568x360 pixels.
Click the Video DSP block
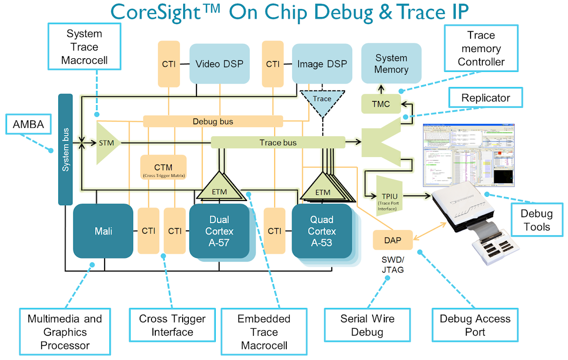[x=219, y=64]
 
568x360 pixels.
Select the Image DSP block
[x=322, y=64]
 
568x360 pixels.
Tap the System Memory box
[x=391, y=64]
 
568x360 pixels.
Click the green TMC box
[x=381, y=104]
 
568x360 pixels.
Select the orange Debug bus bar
[x=213, y=122]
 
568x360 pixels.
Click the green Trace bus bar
[x=278, y=142]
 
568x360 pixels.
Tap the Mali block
[x=103, y=231]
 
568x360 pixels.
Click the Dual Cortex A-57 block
[x=219, y=231]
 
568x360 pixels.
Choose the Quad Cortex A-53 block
[x=322, y=231]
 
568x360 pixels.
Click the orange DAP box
[x=392, y=240]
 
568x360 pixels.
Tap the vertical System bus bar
[x=65, y=149]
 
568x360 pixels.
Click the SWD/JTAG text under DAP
[x=392, y=265]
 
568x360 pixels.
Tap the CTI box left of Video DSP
[x=169, y=64]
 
